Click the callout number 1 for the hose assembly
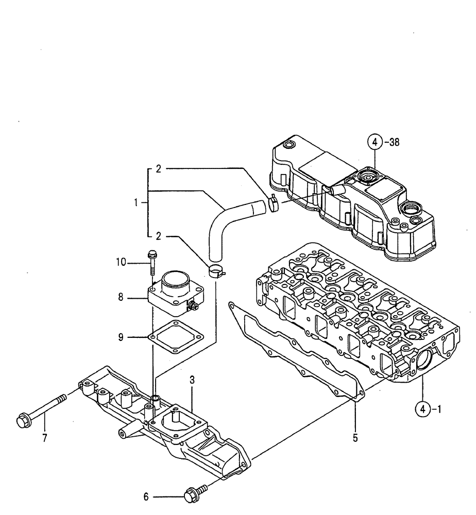pos(137,203)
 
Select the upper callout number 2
pos(159,168)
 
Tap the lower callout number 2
pos(159,236)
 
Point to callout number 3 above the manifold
pos(192,380)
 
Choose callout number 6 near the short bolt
pos(146,497)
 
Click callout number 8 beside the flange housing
pos(120,298)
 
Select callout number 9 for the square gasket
pos(120,337)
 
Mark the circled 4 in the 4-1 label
pos(422,410)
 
